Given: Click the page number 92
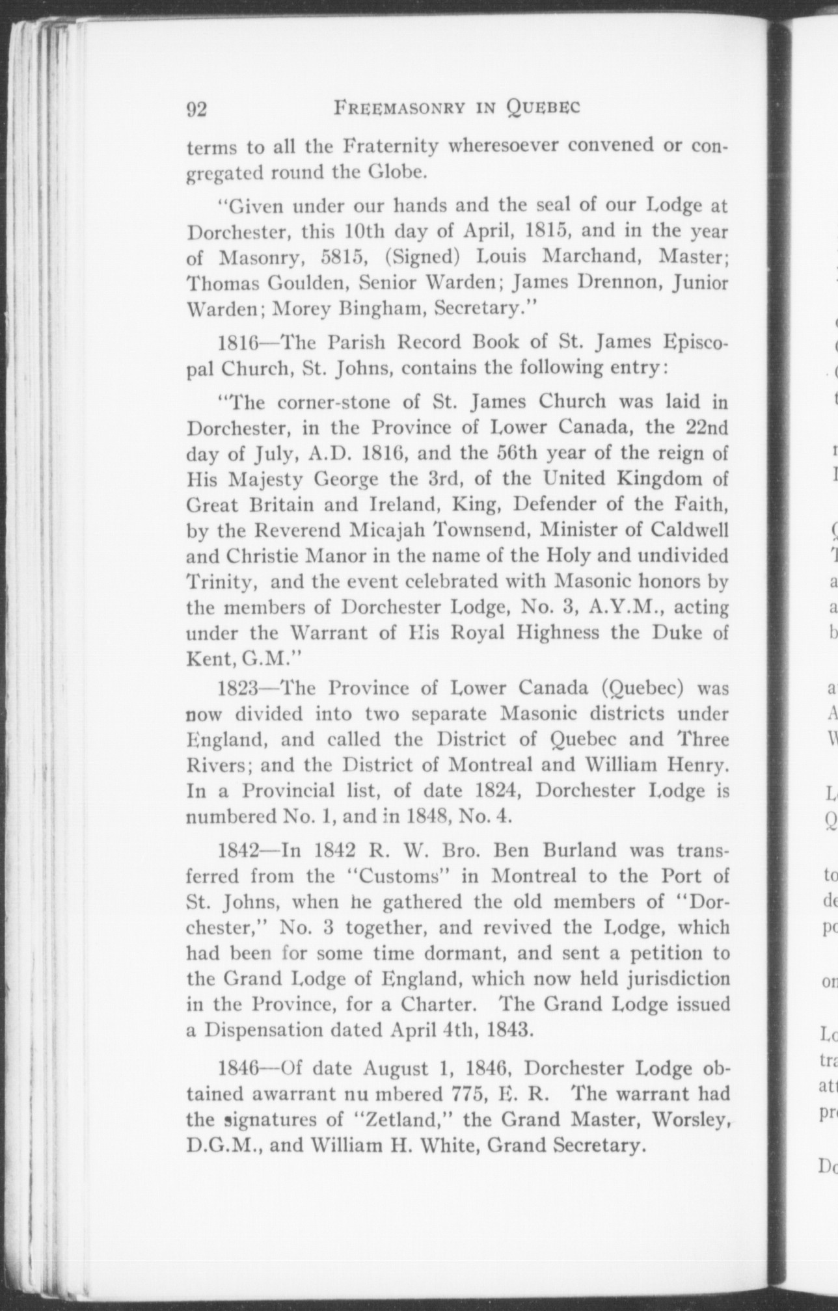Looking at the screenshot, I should pos(196,109).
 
